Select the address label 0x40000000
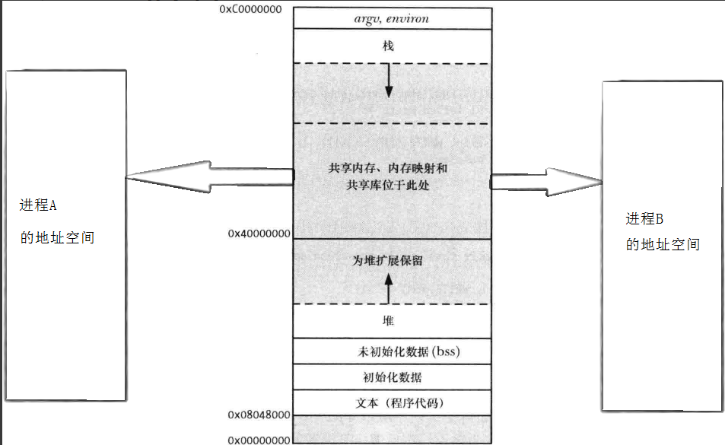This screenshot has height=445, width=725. [259, 234]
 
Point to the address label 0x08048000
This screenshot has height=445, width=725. [259, 415]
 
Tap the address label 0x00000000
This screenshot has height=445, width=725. [259, 440]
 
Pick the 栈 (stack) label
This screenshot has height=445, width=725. [389, 46]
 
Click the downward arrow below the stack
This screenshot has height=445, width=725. [389, 81]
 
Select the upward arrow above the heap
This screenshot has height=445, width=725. [389, 288]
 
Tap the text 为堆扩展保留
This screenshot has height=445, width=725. [388, 260]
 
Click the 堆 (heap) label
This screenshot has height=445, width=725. [389, 322]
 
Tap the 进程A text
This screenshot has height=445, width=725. [39, 205]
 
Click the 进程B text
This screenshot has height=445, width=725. [645, 219]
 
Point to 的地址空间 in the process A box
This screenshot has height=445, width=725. [58, 237]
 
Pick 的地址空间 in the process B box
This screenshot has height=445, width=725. [663, 244]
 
